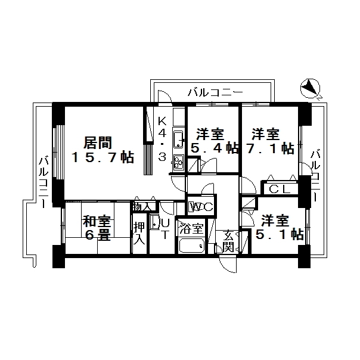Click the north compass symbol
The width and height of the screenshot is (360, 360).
tap(310, 89)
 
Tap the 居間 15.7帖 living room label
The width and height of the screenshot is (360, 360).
tap(103, 150)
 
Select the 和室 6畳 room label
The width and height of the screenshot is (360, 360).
tap(97, 228)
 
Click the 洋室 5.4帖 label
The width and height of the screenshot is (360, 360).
tap(215, 141)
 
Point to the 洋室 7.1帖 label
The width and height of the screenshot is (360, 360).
tap(269, 141)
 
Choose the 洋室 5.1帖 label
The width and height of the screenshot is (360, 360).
tap(280, 228)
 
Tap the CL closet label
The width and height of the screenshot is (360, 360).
tap(280, 190)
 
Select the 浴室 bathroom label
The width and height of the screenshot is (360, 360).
tap(192, 228)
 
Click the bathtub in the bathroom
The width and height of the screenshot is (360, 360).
tap(192, 245)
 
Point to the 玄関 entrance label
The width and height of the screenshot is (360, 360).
tap(228, 241)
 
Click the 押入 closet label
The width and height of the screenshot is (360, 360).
tap(139, 233)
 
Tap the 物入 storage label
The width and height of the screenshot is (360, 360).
tap(142, 206)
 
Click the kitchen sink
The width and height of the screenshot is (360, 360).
tap(178, 139)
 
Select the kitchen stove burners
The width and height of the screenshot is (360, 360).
tap(178, 162)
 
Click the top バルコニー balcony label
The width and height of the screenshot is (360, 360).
tap(215, 92)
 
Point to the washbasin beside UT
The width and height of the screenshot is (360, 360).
tap(156, 222)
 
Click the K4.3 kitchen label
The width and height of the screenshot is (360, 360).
tap(162, 139)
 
